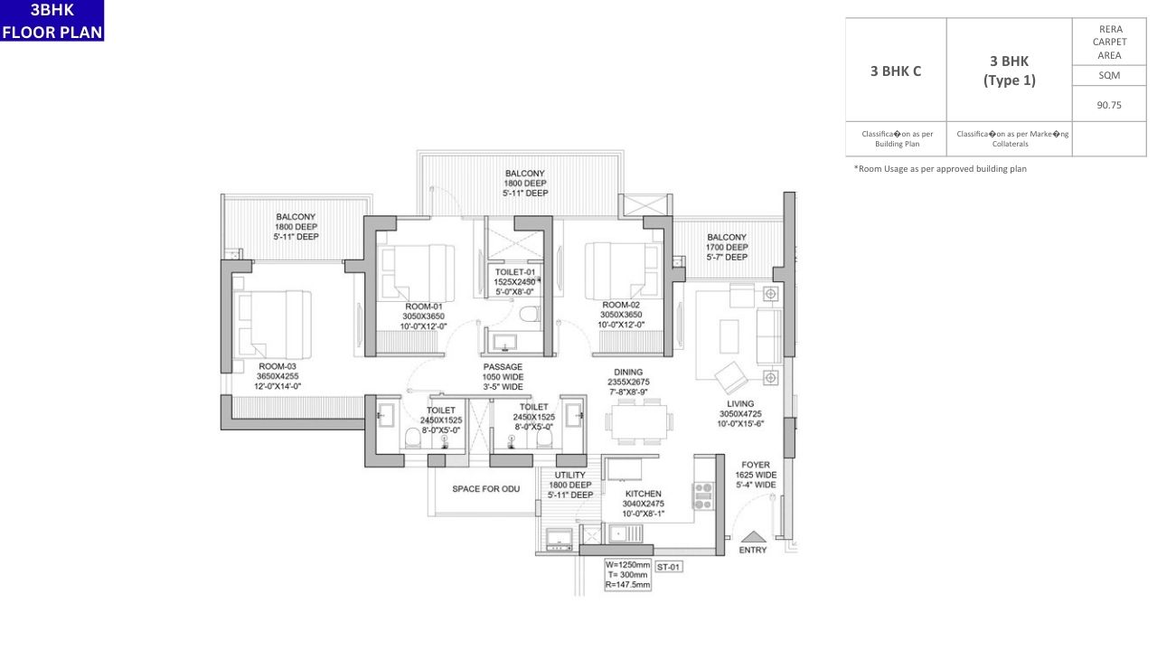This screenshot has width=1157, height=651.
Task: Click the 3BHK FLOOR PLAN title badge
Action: point(52,21)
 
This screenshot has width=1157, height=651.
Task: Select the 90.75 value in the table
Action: point(1109,105)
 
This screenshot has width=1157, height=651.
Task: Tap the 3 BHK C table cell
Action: point(896,71)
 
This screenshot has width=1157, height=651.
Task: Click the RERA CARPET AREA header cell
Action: point(1109,42)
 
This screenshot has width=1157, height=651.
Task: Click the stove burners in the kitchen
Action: point(702,495)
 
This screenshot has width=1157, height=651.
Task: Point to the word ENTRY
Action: point(753,550)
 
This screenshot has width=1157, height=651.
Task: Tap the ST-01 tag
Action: point(668,567)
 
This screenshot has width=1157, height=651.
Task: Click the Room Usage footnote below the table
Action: point(940,169)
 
